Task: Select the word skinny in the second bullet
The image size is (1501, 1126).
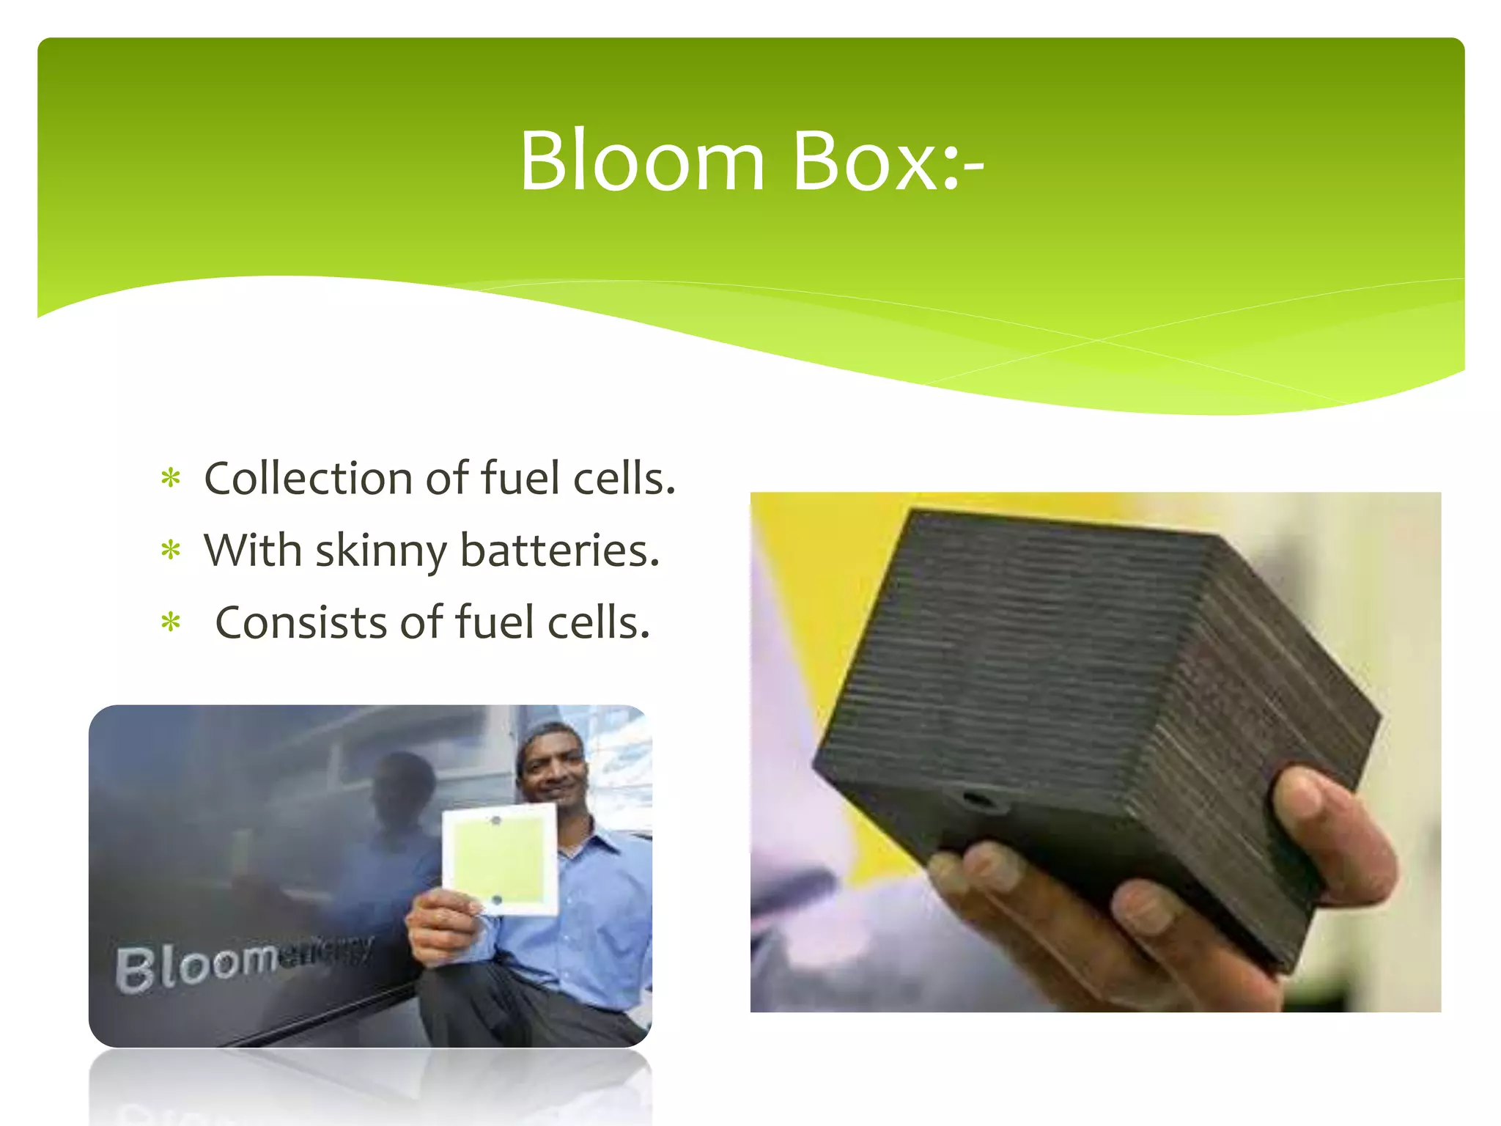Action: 380,551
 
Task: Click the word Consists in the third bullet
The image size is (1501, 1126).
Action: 300,622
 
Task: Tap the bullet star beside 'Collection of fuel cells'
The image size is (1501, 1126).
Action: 171,479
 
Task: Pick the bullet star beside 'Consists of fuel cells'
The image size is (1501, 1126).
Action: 171,622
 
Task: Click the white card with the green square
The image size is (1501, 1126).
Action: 500,859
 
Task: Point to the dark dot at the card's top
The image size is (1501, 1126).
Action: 495,820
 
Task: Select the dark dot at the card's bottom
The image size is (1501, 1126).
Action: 496,899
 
